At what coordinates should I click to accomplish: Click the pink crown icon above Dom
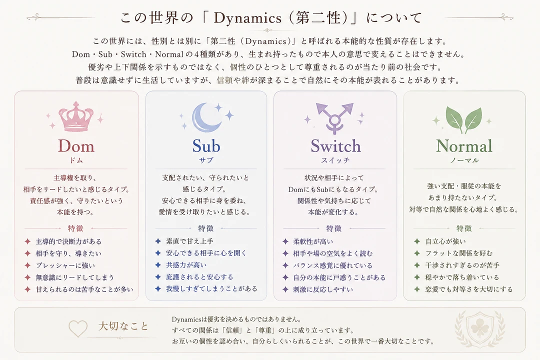click(x=76, y=116)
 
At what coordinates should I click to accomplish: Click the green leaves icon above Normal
click(x=463, y=119)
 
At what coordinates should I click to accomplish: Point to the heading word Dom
click(x=76, y=146)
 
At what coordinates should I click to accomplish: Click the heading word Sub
click(x=206, y=146)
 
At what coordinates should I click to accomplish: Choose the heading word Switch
click(x=336, y=146)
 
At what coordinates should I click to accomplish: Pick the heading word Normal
click(x=464, y=146)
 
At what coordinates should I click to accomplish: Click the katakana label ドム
click(x=76, y=160)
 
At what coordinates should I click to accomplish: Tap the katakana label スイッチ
click(x=335, y=160)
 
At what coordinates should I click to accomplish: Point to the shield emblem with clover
click(x=479, y=329)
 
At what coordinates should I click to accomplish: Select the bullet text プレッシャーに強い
click(x=65, y=265)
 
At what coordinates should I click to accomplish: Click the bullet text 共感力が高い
click(x=186, y=265)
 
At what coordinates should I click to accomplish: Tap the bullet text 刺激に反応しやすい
click(x=323, y=289)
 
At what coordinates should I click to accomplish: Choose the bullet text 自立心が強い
click(x=445, y=241)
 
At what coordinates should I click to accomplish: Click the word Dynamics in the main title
click(x=247, y=18)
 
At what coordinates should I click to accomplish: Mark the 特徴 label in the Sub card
click(x=206, y=228)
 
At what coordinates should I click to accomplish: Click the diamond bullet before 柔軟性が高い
click(x=285, y=241)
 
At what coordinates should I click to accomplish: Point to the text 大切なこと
click(x=123, y=326)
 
